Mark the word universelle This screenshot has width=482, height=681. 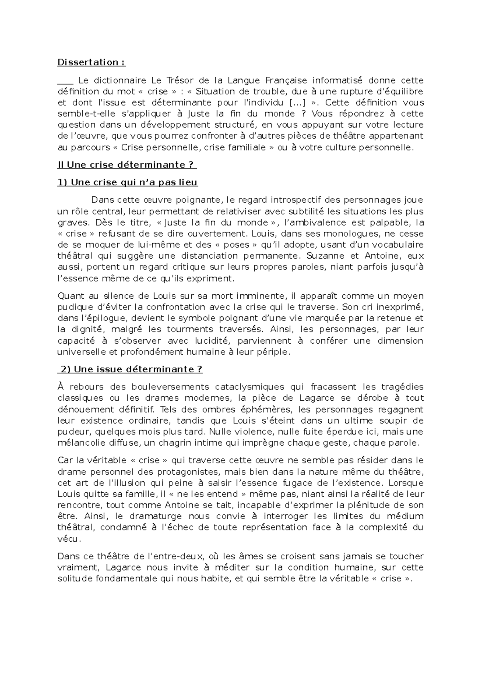click(82, 352)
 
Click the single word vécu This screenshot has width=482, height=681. click(69, 538)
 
